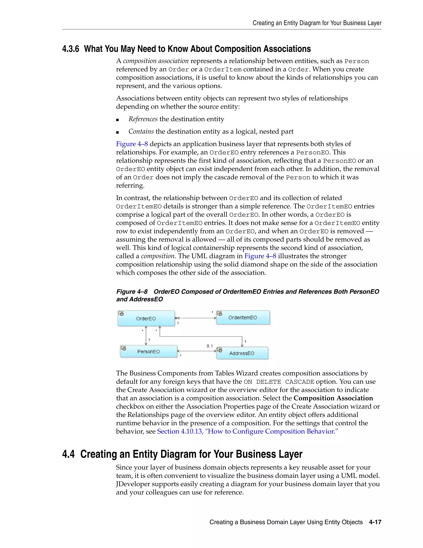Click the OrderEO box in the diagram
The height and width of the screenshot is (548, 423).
146,318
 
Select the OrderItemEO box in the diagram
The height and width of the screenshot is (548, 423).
242,317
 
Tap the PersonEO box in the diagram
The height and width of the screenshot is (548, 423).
148,352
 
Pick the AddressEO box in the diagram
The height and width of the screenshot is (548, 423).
242,353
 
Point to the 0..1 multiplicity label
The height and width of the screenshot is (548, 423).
209,346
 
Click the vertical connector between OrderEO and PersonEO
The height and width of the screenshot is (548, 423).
146,336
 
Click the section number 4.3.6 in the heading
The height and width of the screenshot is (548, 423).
71,49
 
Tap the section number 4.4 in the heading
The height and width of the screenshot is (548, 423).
68,454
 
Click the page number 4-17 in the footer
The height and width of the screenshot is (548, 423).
375,522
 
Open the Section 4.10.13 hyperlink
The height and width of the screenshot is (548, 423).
247,431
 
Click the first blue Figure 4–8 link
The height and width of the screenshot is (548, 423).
132,144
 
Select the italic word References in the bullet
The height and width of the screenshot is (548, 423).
143,119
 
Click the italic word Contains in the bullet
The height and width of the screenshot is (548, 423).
141,132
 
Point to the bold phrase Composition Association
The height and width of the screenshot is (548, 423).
333,398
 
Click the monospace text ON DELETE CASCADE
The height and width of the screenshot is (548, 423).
279,382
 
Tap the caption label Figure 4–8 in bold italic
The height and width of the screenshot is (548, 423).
132,292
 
